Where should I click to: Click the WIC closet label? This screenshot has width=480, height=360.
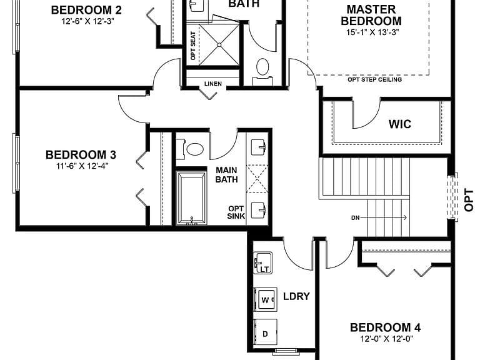click(x=400, y=124)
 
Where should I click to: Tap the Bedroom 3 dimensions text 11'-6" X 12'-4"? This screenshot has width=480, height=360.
click(x=81, y=166)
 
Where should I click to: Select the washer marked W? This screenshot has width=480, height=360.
click(x=266, y=300)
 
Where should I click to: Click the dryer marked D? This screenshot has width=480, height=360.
click(x=266, y=334)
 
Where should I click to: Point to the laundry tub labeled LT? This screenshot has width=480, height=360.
click(x=263, y=262)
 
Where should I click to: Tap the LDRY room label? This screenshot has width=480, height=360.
click(x=296, y=296)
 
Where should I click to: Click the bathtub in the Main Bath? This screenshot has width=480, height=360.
click(x=192, y=198)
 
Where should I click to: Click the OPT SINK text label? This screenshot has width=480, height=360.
click(x=236, y=212)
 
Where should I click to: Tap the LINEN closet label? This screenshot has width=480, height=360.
click(x=213, y=84)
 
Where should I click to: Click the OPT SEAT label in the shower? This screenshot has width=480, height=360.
click(x=193, y=46)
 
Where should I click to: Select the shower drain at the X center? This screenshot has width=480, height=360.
click(x=219, y=45)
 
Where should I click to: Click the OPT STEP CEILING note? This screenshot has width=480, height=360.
click(x=375, y=79)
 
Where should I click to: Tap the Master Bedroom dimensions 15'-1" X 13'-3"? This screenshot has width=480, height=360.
click(x=372, y=32)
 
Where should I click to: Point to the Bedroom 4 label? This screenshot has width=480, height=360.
click(x=385, y=327)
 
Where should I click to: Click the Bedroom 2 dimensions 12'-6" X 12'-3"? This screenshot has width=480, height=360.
click(x=88, y=21)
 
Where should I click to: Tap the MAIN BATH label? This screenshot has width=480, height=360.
click(x=226, y=174)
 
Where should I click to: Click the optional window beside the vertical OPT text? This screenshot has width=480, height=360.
click(x=452, y=197)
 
